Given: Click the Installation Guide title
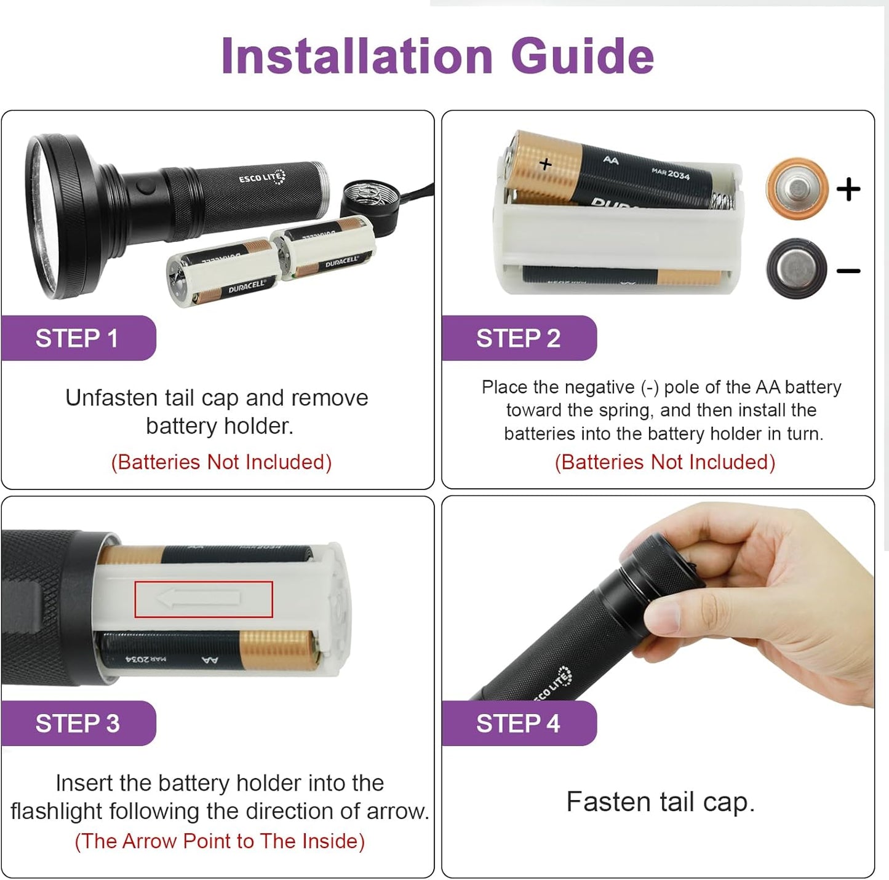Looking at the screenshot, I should [437, 57].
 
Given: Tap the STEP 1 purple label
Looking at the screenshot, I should [77, 338].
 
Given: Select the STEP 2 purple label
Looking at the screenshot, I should [518, 338].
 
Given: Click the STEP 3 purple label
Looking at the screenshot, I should [77, 723].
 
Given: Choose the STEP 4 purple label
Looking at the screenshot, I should [518, 723].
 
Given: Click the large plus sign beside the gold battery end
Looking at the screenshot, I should [848, 189].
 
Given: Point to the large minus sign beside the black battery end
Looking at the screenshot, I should [848, 271].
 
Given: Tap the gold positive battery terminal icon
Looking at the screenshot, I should [797, 188].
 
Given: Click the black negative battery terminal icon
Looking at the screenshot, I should [796, 268].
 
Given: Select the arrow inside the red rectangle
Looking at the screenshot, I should [199, 598].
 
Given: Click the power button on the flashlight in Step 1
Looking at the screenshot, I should [145, 187].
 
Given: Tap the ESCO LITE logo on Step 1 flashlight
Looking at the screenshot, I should [262, 178].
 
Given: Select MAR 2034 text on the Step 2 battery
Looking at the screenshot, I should [670, 173].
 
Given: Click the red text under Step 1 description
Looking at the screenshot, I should [221, 462].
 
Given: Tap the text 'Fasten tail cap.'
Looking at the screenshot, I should [660, 802].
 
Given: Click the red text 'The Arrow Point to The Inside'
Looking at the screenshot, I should [220, 841].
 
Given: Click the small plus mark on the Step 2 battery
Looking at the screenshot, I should [545, 164].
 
